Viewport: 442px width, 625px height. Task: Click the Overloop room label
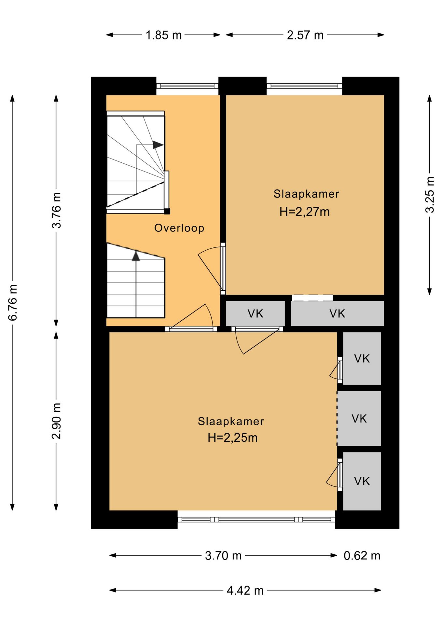[x=179, y=228]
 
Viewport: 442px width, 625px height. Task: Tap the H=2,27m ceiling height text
[x=304, y=212]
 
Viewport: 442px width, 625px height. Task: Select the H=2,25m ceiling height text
[x=232, y=438]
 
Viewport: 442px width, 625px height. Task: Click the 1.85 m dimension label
[x=163, y=35]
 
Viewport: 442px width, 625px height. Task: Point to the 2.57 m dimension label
[x=305, y=35]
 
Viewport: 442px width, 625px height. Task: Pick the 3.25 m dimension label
[x=430, y=195]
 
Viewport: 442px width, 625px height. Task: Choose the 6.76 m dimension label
[x=13, y=302]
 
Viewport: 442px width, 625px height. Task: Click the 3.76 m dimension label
[x=56, y=210]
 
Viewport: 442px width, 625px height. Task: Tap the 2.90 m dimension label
[x=56, y=421]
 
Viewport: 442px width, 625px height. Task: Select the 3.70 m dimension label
[x=223, y=555]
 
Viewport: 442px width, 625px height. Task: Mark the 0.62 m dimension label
[x=362, y=555]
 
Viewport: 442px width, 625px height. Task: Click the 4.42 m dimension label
[x=245, y=590]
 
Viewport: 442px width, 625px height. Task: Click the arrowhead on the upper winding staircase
[x=158, y=145]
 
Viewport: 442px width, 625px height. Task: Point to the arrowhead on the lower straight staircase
[x=136, y=256]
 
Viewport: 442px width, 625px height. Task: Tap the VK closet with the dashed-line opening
[x=359, y=418]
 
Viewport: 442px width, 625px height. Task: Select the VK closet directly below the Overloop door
[x=256, y=313]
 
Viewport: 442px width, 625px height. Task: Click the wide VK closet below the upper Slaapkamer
[x=337, y=313]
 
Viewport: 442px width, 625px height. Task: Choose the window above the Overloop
[x=187, y=86]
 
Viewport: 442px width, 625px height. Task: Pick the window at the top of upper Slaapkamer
[x=304, y=86]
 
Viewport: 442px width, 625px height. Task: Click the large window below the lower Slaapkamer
[x=256, y=520]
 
